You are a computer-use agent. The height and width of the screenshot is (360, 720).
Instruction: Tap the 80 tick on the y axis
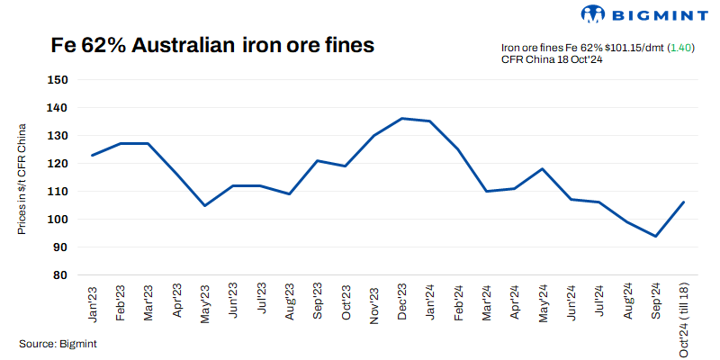[60, 275]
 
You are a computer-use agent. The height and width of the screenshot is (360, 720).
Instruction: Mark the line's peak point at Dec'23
[401, 118]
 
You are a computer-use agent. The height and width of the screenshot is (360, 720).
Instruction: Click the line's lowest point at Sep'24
[655, 236]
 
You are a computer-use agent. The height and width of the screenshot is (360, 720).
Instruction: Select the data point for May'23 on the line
[205, 205]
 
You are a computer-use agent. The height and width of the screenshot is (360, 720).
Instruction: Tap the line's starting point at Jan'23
[93, 155]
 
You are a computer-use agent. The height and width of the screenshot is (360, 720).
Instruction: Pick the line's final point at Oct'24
[683, 202]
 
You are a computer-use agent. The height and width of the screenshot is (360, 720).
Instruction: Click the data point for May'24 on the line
[542, 168]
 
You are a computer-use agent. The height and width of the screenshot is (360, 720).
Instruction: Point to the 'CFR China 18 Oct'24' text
[551, 59]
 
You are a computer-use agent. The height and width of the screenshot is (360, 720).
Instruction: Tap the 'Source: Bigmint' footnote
[58, 344]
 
